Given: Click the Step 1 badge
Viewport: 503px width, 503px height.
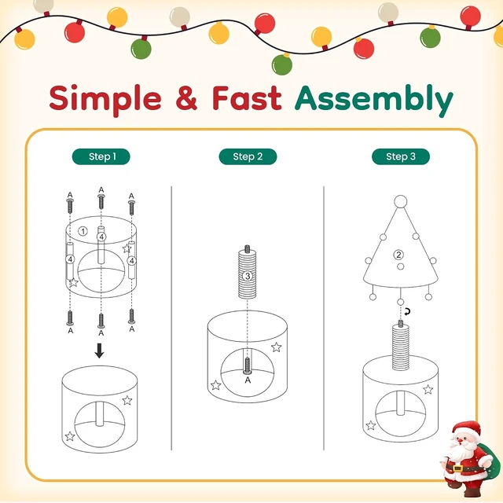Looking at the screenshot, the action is (x=101, y=156).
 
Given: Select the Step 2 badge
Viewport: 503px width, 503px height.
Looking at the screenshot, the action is (x=248, y=156).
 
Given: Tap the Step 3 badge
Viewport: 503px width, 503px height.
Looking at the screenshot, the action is (x=401, y=156).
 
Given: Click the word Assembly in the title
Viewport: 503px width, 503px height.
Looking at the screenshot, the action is (x=374, y=100).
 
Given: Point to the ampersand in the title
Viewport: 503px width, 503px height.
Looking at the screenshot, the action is (x=187, y=97).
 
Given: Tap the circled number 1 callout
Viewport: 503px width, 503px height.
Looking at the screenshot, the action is (x=83, y=231).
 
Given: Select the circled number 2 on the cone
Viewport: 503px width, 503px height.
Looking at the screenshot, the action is (x=398, y=255).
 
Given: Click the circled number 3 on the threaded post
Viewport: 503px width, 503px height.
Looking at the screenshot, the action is (x=247, y=276).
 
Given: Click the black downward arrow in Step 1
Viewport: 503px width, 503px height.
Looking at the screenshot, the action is (x=100, y=351).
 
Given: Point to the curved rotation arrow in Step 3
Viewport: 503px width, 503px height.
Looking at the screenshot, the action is (x=407, y=311).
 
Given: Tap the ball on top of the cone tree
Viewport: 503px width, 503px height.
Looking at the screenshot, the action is (x=400, y=202).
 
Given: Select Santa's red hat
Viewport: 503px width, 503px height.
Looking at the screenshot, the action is (x=465, y=428).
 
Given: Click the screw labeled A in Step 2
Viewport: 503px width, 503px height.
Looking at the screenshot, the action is (x=248, y=365).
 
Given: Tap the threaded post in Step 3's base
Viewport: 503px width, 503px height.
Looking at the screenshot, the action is (x=401, y=347).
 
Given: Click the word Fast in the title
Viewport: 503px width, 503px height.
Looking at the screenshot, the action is (x=247, y=97).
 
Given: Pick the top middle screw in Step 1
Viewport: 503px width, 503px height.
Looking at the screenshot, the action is (x=101, y=201).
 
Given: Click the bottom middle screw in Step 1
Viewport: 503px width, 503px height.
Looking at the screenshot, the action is (x=101, y=321).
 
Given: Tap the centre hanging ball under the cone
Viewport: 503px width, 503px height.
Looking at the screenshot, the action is (x=400, y=302).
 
